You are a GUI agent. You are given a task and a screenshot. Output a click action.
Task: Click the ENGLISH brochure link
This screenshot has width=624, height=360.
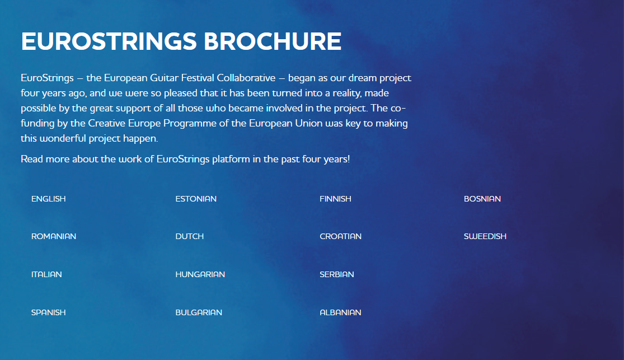49,199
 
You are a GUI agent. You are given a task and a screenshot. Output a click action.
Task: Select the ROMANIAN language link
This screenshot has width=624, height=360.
54,236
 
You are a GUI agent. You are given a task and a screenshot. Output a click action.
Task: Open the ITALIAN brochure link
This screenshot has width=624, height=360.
46,274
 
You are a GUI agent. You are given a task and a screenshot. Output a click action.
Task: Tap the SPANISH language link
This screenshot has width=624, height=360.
49,312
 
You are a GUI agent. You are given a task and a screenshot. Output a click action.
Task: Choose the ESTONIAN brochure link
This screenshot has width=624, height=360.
196,199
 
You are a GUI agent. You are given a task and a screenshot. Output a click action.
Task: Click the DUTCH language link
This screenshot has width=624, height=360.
189,236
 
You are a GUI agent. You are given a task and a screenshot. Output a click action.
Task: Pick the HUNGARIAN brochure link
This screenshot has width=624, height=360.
200,274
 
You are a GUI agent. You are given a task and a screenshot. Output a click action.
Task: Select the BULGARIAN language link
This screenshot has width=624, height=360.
199,312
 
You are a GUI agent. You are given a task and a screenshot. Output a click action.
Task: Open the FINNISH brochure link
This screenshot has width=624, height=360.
335,199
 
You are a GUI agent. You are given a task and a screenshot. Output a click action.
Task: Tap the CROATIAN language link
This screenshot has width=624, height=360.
341,236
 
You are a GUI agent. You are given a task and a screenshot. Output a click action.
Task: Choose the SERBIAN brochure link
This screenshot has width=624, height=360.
337,274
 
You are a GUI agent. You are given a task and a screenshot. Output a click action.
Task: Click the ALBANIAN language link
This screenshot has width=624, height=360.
340,312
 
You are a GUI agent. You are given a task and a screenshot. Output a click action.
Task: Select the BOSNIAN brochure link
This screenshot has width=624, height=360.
482,199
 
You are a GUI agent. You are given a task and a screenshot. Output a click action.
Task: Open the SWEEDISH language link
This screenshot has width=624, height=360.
485,236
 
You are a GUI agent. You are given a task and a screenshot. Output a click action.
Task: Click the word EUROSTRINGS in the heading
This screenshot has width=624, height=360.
109,41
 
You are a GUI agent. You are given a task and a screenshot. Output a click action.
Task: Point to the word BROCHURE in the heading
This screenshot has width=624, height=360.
273,41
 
